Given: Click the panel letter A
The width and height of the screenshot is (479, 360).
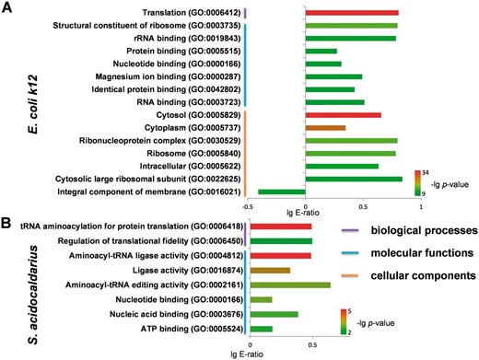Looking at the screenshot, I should click(x=7, y=7).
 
